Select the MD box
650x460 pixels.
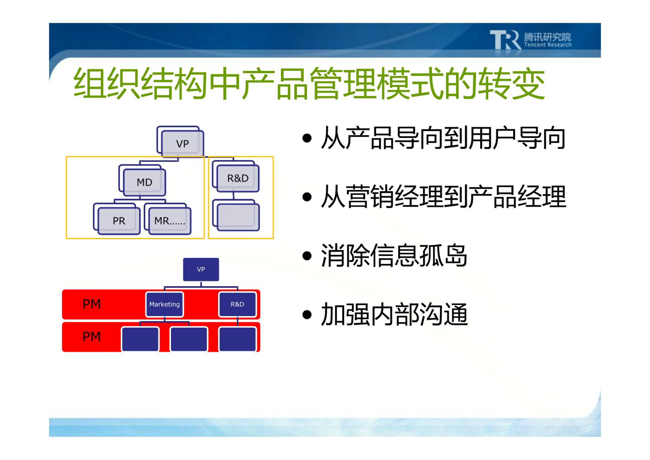tap(142, 180)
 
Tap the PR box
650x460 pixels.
tap(117, 219)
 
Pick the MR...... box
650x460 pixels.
tap(168, 219)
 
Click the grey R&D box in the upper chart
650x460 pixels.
tap(236, 176)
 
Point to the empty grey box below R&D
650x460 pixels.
tap(236, 215)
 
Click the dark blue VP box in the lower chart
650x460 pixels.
tap(201, 269)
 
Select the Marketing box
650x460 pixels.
tap(165, 304)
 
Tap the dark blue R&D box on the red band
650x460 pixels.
tap(237, 304)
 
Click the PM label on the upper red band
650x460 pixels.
tap(91, 304)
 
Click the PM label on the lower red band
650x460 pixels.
tap(91, 337)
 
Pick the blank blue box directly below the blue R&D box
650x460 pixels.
tap(238, 339)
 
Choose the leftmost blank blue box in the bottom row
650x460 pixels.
tap(140, 339)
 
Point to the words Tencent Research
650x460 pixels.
tap(548, 45)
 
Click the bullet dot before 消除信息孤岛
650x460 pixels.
tap(307, 256)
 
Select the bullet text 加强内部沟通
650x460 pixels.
tap(394, 314)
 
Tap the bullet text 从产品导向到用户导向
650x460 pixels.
tap(443, 138)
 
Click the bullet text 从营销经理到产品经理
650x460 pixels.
tap(443, 197)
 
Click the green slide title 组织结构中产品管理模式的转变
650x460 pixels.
tap(309, 83)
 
